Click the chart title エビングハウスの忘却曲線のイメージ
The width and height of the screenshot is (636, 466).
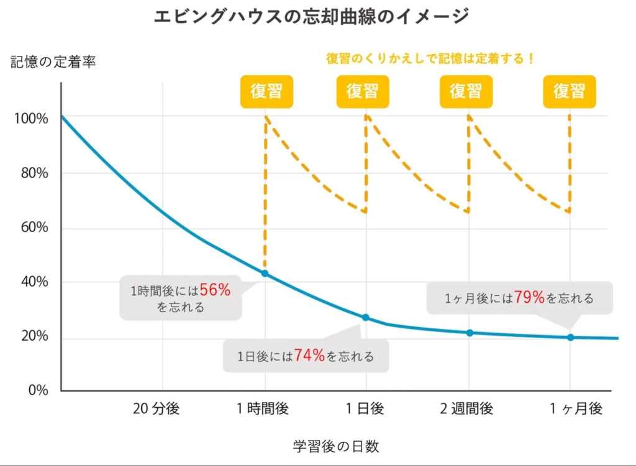pyautogui.click(x=311, y=17)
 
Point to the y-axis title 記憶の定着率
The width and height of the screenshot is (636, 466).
pyautogui.click(x=53, y=62)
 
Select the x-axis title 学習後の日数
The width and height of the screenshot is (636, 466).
pyautogui.click(x=336, y=446)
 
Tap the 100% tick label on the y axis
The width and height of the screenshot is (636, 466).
pyautogui.click(x=31, y=119)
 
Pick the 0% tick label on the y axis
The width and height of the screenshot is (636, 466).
pyautogui.click(x=38, y=391)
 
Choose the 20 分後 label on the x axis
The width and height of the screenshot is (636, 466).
pyautogui.click(x=156, y=409)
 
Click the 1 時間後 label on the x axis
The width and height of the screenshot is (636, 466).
pyautogui.click(x=263, y=409)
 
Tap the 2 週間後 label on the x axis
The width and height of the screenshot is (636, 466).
pyautogui.click(x=467, y=409)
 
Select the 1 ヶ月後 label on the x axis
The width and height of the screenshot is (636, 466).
pyautogui.click(x=576, y=409)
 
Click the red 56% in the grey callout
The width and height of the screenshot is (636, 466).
pyautogui.click(x=215, y=289)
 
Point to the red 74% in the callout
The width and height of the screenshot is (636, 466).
pyautogui.click(x=310, y=356)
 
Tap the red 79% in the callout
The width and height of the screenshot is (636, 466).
pyautogui.click(x=529, y=298)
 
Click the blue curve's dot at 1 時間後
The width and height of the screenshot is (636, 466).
pyautogui.click(x=265, y=274)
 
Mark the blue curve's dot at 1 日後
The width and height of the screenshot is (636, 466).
pyautogui.click(x=366, y=318)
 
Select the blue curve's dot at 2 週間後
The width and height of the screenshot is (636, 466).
pyautogui.click(x=470, y=333)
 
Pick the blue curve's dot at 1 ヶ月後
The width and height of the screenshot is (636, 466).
pyautogui.click(x=570, y=338)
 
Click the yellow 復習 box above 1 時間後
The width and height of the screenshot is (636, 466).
pyautogui.click(x=266, y=91)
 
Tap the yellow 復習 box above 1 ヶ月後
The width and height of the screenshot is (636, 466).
pyautogui.click(x=570, y=91)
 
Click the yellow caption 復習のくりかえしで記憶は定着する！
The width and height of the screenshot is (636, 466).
pyautogui.click(x=430, y=59)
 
